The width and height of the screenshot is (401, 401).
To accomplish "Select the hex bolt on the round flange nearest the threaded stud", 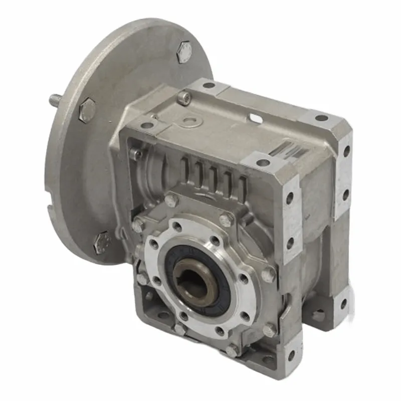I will pyautogui.click(x=87, y=109).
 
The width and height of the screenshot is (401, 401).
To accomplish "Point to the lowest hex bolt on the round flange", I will pyautogui.click(x=102, y=242).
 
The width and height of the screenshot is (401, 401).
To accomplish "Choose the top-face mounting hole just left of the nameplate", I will pyautogui.click(x=262, y=162).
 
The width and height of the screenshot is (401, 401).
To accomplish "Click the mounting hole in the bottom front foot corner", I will pyautogui.click(x=290, y=355).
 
